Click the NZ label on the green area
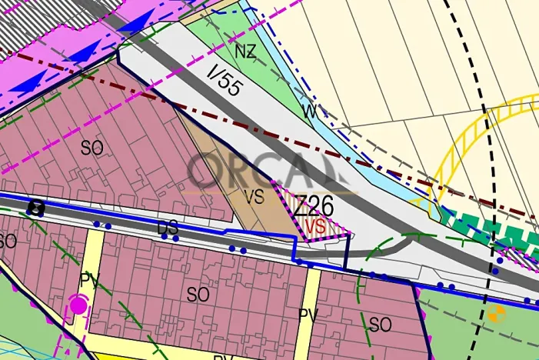[x=245, y=52]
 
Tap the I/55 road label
[x=225, y=80]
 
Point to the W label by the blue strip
[x=310, y=112]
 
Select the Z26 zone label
[x=314, y=205]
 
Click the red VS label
[x=315, y=226]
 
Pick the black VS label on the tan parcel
[x=254, y=197]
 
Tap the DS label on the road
[x=168, y=228]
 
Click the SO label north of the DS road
[x=91, y=148]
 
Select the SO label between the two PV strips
[x=198, y=294]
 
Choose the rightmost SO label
[x=381, y=325]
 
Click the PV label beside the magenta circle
[x=90, y=277]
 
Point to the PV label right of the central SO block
[x=308, y=315]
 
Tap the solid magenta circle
[x=78, y=305]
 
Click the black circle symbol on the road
[x=35, y=207]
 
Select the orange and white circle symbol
[x=496, y=313]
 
